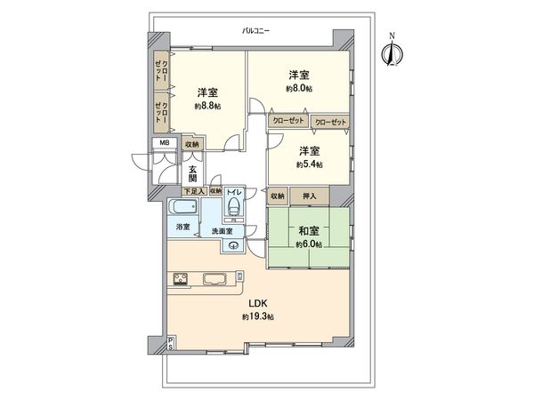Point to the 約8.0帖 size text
tap(299, 89)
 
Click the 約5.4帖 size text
tap(310, 164)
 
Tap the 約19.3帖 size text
tap(256, 317)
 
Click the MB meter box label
tap(164, 143)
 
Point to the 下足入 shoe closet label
tap(193, 191)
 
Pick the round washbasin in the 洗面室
tap(234, 246)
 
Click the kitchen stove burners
tap(179, 279)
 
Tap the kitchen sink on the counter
tap(217, 279)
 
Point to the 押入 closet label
tap(311, 196)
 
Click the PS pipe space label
tap(170, 344)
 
